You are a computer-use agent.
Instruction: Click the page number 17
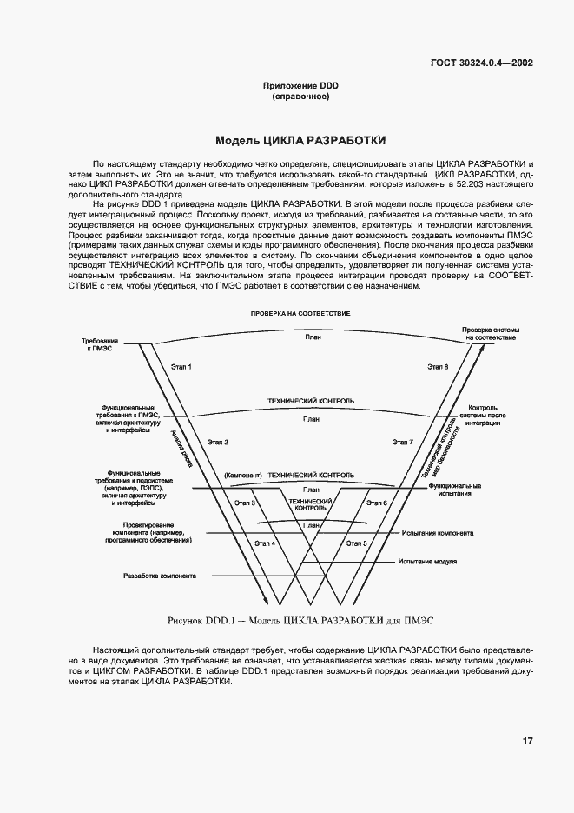click(527, 741)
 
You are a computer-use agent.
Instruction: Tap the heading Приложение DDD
click(300, 85)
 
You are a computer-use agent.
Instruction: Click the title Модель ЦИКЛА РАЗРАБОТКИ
click(300, 140)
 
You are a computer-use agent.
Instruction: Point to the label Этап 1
click(181, 367)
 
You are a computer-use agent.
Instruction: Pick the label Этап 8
click(437, 367)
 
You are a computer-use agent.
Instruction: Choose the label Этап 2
click(218, 443)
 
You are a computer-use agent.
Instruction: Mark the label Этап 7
click(402, 443)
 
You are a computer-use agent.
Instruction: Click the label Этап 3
click(245, 503)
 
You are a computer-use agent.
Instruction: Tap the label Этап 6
click(376, 503)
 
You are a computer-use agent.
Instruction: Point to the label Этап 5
click(356, 543)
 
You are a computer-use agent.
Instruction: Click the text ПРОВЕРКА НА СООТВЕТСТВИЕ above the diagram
click(300, 313)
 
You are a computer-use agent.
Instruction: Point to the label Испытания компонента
click(438, 533)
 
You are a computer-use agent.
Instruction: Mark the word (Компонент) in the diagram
click(242, 476)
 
